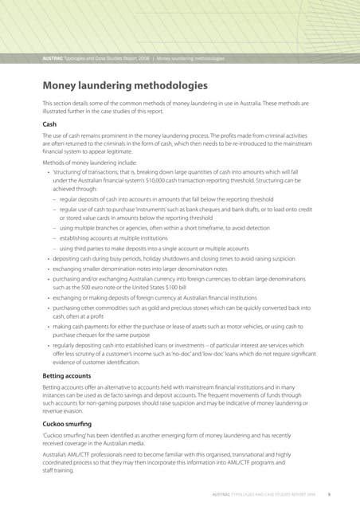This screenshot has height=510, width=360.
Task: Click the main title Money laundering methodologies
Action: (x=125, y=85)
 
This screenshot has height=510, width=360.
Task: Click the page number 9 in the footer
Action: (x=328, y=496)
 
